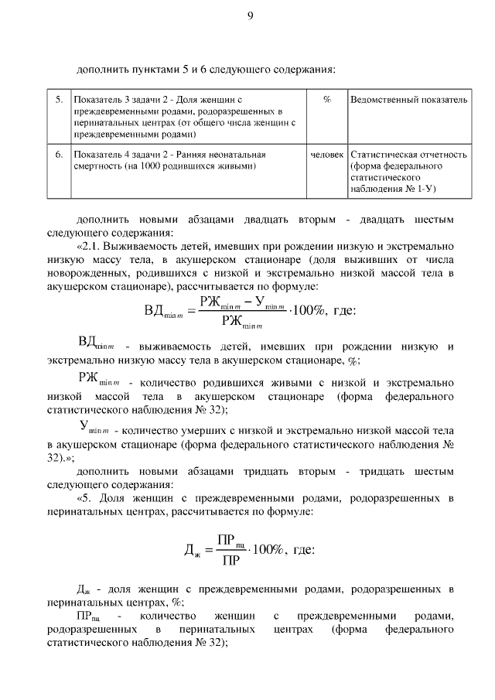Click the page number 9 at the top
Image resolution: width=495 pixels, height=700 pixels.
(x=250, y=16)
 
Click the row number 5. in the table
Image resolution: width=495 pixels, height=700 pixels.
(x=59, y=100)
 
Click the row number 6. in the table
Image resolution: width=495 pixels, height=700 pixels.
(x=59, y=155)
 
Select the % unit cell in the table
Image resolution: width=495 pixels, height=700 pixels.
(x=327, y=100)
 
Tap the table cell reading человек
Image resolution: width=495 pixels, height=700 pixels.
(x=327, y=155)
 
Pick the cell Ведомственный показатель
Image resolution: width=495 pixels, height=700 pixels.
(x=408, y=100)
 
